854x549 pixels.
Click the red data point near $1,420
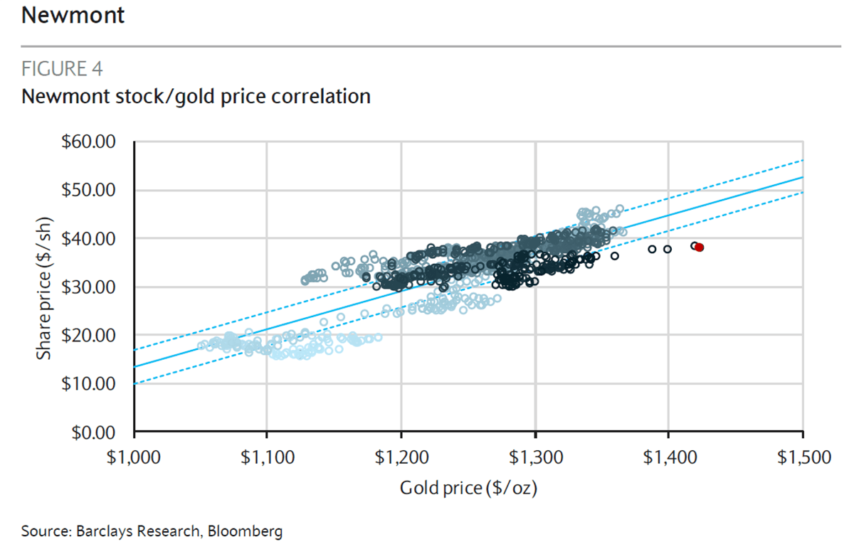700,247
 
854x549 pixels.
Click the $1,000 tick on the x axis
135,457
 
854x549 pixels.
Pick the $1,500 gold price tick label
802,457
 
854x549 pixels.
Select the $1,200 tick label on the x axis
401,457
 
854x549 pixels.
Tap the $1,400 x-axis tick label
668,457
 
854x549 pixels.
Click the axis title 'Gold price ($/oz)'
468,489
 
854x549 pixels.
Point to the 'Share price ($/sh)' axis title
45,287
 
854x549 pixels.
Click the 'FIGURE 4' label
62,69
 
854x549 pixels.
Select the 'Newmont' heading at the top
73,15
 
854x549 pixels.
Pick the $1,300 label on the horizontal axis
534,457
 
